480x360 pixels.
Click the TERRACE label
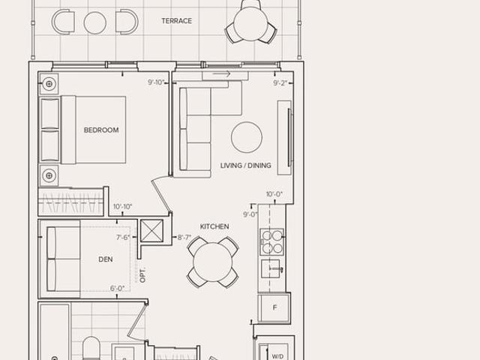coord(177,21)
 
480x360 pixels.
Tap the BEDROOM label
coord(101,130)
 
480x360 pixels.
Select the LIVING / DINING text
coord(246,166)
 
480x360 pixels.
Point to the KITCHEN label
coord(214,226)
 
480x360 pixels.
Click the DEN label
coord(106,259)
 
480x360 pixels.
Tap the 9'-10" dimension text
coord(156,82)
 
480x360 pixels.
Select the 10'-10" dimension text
coord(122,207)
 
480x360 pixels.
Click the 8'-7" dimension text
coord(184,237)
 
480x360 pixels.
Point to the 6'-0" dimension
coord(118,288)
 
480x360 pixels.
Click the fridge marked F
coord(274,307)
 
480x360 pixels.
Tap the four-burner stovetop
coord(272,241)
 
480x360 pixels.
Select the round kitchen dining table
coord(213,262)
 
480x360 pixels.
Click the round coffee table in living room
coord(247,137)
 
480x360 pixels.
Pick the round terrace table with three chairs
coord(250,24)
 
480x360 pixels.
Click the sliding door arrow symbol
coord(222,73)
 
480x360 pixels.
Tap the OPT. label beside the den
coord(142,275)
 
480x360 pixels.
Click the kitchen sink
coord(271,268)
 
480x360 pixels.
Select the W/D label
coord(277,356)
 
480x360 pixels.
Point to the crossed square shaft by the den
coord(151,231)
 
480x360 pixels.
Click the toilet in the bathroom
coord(91,348)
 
